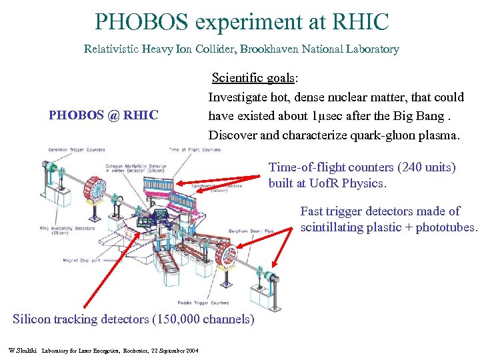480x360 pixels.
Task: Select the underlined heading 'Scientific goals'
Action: (x=253, y=78)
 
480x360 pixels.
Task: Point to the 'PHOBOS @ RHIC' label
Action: (x=103, y=115)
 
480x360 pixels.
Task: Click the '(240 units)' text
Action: (x=423, y=167)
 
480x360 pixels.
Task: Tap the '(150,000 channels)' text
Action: (x=203, y=319)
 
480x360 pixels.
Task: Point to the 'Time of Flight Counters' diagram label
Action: (x=195, y=149)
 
